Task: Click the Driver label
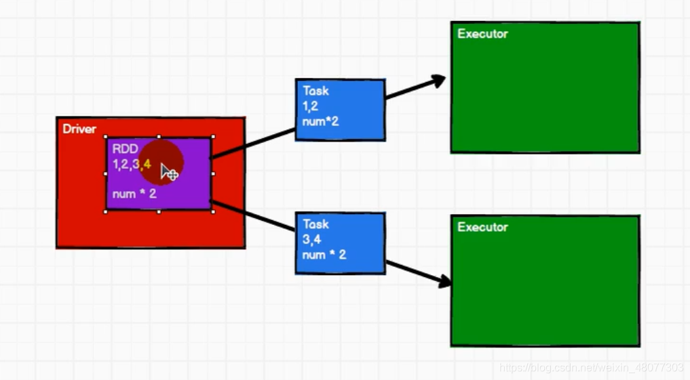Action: click(79, 129)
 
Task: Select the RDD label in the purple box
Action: click(125, 148)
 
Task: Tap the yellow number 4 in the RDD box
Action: click(147, 165)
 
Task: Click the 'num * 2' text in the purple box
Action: click(134, 194)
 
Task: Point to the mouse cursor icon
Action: click(169, 172)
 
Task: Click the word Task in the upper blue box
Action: click(315, 91)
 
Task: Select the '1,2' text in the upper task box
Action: click(310, 106)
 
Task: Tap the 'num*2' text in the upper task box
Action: click(320, 121)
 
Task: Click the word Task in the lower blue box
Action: click(315, 224)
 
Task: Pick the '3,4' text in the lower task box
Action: click(311, 239)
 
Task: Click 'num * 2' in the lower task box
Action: click(324, 255)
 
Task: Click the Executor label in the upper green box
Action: click(483, 34)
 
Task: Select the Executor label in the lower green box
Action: click(483, 227)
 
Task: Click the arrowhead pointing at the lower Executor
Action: click(444, 281)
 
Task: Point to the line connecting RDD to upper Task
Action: click(253, 143)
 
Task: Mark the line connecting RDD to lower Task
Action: click(253, 215)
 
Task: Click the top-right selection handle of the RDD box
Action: click(213, 137)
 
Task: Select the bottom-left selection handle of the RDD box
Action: click(106, 212)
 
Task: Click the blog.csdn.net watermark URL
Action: click(591, 367)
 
